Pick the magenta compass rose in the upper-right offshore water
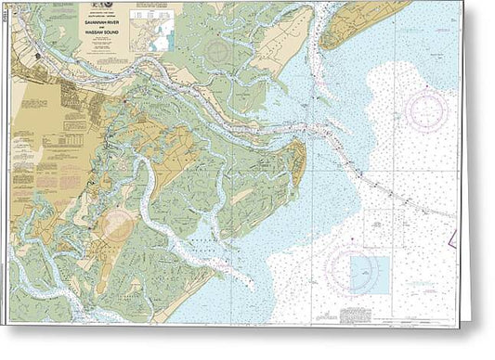point(426,110)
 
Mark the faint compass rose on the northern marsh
point(221,51)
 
